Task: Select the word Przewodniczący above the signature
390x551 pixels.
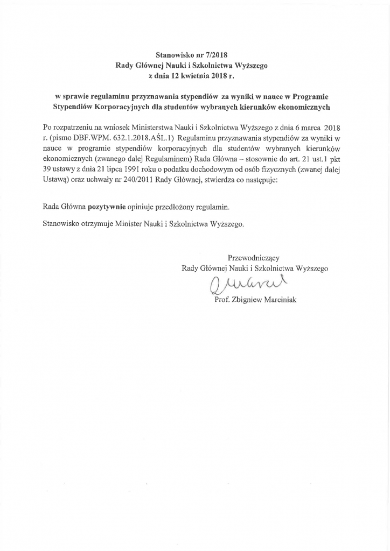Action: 254,258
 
